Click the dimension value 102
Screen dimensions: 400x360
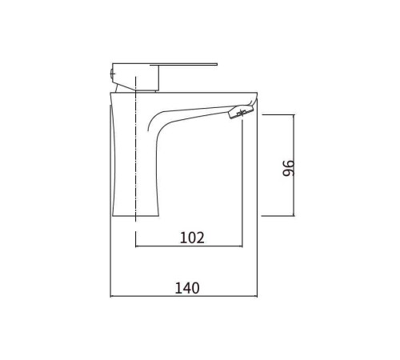click(192, 238)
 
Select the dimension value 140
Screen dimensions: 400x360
click(187, 288)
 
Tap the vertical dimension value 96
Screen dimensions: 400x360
click(288, 168)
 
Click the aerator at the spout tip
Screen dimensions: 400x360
click(240, 112)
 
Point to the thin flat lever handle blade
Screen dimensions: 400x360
click(184, 64)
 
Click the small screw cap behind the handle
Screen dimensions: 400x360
click(112, 73)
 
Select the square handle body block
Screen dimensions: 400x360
click(136, 77)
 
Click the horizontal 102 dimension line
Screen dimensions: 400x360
click(189, 246)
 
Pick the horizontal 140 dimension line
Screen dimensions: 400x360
click(184, 296)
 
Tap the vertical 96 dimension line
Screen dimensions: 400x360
click(294, 166)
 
